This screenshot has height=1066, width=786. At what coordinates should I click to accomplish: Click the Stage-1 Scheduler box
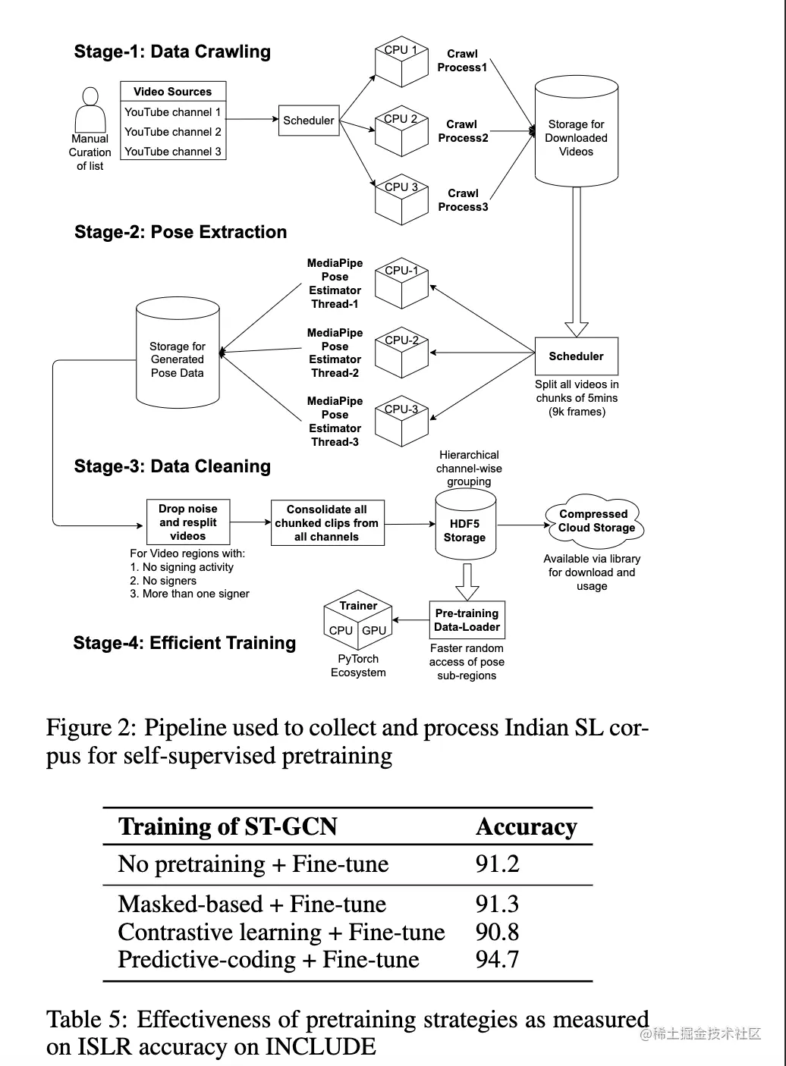[309, 121]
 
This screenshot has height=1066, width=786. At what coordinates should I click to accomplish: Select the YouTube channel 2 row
[173, 131]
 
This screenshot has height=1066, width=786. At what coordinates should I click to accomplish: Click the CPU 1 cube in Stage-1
[401, 62]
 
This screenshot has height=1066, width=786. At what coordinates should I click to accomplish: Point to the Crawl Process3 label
[463, 200]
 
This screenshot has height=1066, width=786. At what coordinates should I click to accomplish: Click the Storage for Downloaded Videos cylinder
[577, 133]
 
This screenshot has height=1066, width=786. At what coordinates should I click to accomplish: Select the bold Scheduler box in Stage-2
[577, 356]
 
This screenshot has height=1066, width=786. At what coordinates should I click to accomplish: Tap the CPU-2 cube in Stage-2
[401, 354]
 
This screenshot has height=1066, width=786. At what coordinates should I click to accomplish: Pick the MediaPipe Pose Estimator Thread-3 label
[335, 422]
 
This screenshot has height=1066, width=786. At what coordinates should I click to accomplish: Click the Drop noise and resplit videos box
[188, 522]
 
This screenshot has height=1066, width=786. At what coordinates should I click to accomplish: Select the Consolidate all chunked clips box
[327, 523]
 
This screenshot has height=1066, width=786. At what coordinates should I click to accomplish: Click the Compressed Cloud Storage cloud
[596, 521]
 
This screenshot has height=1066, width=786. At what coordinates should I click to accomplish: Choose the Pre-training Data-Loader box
[467, 620]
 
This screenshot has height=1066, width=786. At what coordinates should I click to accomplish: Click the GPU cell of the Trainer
[374, 631]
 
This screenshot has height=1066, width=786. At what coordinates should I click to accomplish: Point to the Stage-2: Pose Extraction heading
[181, 232]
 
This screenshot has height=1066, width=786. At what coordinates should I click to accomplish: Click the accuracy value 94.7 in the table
[498, 959]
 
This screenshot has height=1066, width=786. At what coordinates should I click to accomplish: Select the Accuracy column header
[527, 827]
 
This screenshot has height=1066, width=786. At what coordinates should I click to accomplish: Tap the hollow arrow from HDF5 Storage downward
[467, 582]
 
